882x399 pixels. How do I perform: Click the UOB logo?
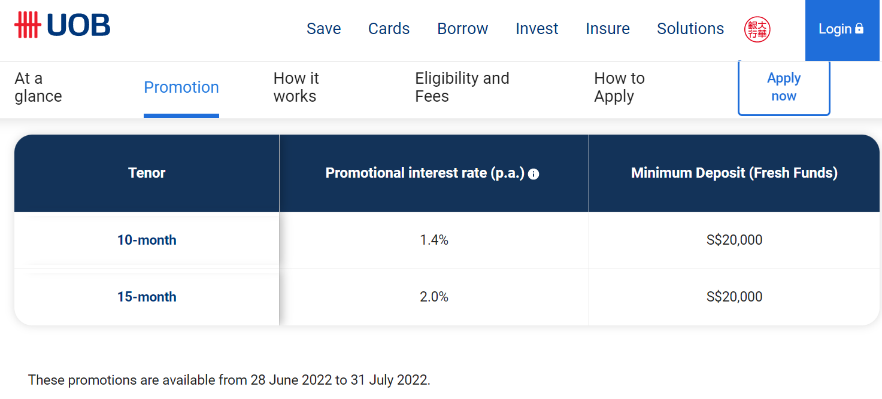62,25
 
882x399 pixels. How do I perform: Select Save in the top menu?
324,29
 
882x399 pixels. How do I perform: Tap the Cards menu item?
389,29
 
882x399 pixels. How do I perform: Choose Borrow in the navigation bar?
463,29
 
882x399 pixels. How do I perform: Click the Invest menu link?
537,29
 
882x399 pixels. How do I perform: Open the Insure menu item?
608,29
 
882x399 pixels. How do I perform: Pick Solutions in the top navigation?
690,29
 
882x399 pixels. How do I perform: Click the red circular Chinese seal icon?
757,29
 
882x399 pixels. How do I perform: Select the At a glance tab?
38,87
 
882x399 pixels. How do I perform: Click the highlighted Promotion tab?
181,87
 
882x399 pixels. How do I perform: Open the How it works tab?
296,87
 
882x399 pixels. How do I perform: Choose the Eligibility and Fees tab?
462,87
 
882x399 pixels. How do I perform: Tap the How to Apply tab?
619,87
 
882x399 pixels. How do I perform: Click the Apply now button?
784,88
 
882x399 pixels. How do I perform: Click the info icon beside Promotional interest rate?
534,174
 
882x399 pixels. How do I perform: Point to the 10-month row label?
147,240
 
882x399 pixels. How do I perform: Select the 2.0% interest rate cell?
434,297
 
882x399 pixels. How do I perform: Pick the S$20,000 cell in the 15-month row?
734,297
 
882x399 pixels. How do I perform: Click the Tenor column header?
147,173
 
